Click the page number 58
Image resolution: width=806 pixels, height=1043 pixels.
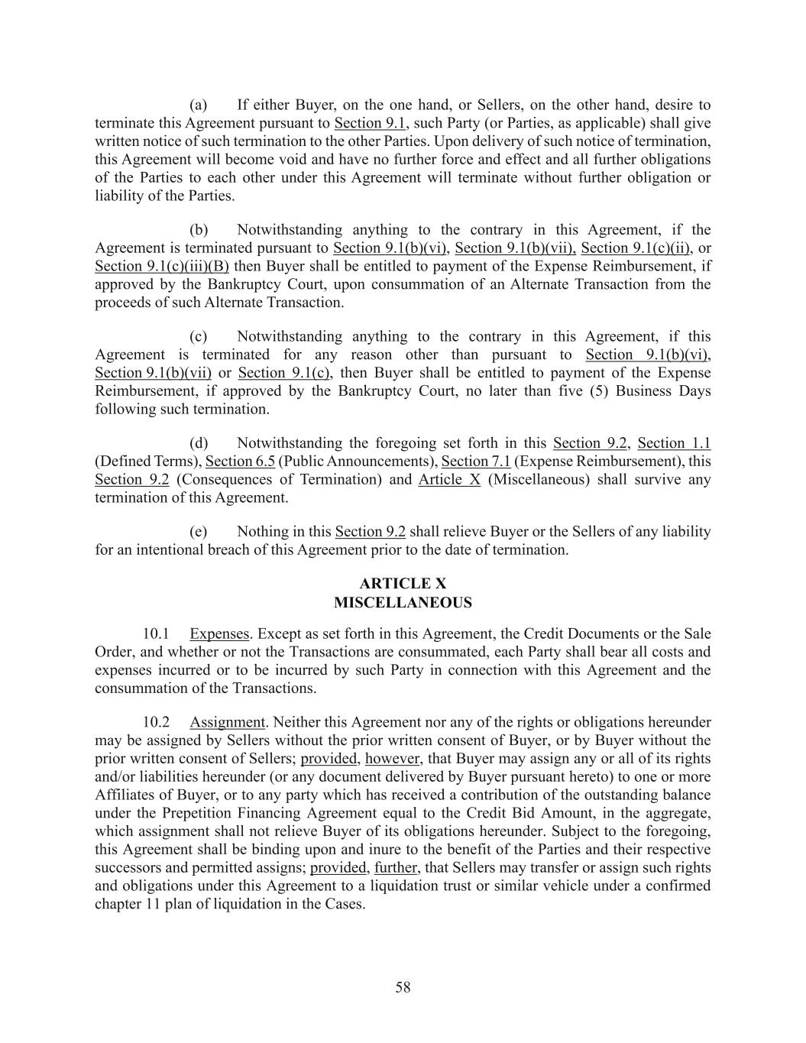tap(403, 987)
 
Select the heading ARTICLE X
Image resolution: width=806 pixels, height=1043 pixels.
tap(403, 585)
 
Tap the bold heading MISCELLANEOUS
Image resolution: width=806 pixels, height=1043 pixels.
tap(403, 603)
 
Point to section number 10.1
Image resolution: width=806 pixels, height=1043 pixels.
tap(156, 633)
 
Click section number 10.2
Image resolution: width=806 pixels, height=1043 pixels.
tap(156, 722)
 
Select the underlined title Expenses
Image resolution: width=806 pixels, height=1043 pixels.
tap(219, 633)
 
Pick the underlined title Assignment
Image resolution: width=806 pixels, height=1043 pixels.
tap(227, 722)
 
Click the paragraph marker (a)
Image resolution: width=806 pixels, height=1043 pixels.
tap(199, 105)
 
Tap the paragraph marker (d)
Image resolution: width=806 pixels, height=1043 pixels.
tap(199, 443)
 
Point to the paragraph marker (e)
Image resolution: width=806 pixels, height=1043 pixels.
tap(199, 532)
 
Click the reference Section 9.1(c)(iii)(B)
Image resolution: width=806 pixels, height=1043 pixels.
tap(162, 266)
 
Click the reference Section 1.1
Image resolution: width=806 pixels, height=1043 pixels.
tap(674, 443)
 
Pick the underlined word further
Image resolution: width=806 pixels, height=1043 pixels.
tap(396, 868)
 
